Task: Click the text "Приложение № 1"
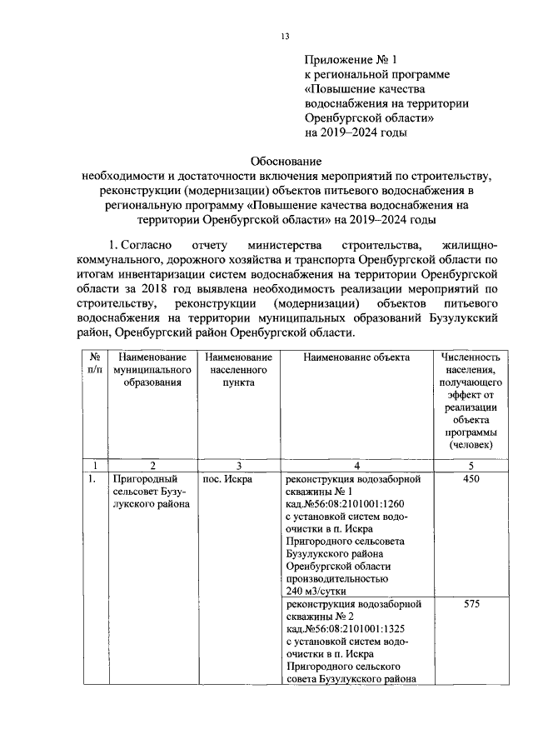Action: (x=348, y=60)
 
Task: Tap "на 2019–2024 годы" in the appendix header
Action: (x=356, y=131)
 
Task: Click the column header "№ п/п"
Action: (x=95, y=363)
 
